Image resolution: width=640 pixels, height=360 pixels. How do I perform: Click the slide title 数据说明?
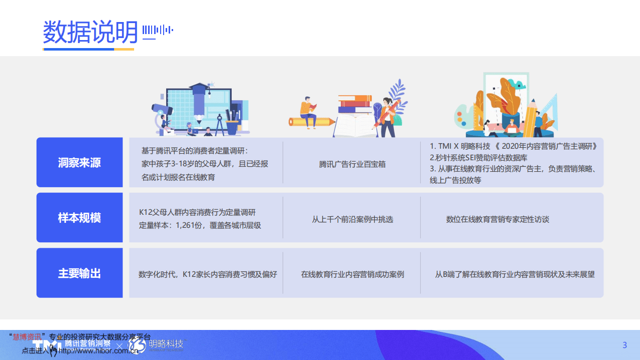click(90, 33)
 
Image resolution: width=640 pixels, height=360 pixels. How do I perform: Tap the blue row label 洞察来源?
click(80, 163)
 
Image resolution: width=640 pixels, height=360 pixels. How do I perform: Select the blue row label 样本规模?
click(80, 218)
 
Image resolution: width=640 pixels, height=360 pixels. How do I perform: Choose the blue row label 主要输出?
click(80, 273)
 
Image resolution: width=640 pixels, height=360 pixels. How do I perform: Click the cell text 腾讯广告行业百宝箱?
click(352, 164)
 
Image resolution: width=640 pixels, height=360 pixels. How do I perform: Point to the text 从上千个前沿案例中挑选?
click(352, 219)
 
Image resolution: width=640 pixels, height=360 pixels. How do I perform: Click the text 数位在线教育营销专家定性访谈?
click(497, 219)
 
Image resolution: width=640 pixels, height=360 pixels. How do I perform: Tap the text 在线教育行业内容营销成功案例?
click(352, 274)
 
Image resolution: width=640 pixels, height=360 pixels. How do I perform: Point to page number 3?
click(624, 345)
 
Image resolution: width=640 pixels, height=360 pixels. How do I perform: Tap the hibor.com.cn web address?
click(98, 351)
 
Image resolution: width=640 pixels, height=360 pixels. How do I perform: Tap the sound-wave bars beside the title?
click(158, 31)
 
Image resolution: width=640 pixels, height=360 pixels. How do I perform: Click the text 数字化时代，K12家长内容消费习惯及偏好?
click(208, 274)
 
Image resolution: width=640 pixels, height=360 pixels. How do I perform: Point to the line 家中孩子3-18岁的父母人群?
click(205, 164)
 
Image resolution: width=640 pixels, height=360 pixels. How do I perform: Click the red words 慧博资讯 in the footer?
click(28, 336)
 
